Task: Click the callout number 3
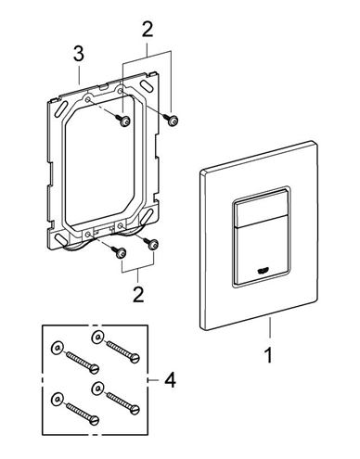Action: pos(79,54)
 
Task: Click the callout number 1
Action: pos(269,355)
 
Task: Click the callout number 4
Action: pos(170,380)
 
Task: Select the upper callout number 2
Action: pos(148,31)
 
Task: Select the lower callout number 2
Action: pos(138,295)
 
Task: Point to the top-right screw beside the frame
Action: pos(171,120)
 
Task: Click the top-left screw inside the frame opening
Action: pos(123,121)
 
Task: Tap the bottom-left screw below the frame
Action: pos(119,251)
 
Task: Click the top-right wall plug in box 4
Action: pos(97,337)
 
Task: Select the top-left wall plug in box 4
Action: pos(57,348)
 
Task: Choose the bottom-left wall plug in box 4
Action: pos(57,400)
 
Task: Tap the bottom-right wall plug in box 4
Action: pos(97,389)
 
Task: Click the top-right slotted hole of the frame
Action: pos(148,85)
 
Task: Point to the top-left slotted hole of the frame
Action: pos(60,111)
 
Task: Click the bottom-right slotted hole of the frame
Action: pos(148,214)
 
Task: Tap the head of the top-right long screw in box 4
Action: pos(135,358)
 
